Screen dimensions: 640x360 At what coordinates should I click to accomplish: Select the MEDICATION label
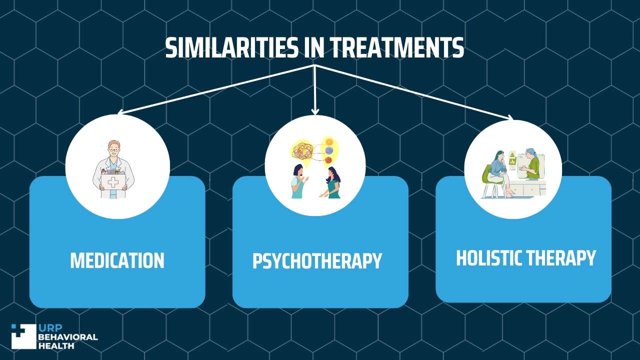[117, 260]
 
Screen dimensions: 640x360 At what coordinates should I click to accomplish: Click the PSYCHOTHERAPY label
[317, 260]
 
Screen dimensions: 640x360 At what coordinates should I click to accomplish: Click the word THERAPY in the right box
[561, 258]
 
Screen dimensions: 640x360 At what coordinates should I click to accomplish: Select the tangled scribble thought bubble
[303, 151]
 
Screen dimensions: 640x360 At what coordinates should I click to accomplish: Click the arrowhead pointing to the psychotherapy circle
[315, 111]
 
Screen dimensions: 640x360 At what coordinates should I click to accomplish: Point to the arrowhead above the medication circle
[120, 112]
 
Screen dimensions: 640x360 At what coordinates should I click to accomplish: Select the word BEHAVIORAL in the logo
[67, 337]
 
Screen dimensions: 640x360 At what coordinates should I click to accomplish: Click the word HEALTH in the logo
[56, 346]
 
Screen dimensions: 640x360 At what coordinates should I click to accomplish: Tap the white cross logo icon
[24, 336]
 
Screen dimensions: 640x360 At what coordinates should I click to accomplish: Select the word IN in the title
[313, 47]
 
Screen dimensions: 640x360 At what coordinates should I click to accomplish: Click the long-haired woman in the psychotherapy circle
[332, 183]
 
